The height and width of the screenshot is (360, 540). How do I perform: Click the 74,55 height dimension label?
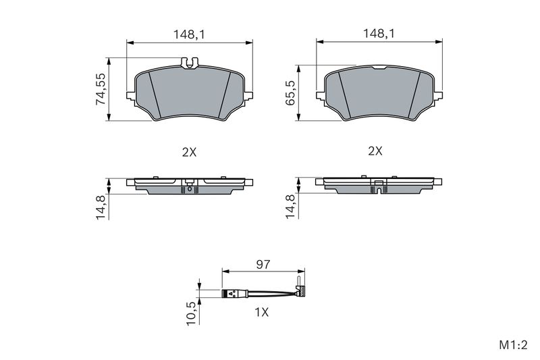click(x=101, y=89)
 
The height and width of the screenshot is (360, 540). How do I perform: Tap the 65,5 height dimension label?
click(x=291, y=93)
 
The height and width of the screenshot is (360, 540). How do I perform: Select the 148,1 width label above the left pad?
click(x=189, y=34)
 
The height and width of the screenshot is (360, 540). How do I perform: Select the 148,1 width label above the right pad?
click(x=379, y=34)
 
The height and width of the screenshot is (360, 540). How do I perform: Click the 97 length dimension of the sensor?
click(x=263, y=265)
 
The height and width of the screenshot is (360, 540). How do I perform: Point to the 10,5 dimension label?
click(x=191, y=313)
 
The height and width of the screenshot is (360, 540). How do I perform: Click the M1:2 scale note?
click(x=513, y=345)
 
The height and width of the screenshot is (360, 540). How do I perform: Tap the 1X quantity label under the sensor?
click(x=261, y=313)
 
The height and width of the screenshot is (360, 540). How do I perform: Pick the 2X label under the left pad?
click(x=189, y=152)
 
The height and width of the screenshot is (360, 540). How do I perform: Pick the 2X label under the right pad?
click(x=375, y=151)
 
